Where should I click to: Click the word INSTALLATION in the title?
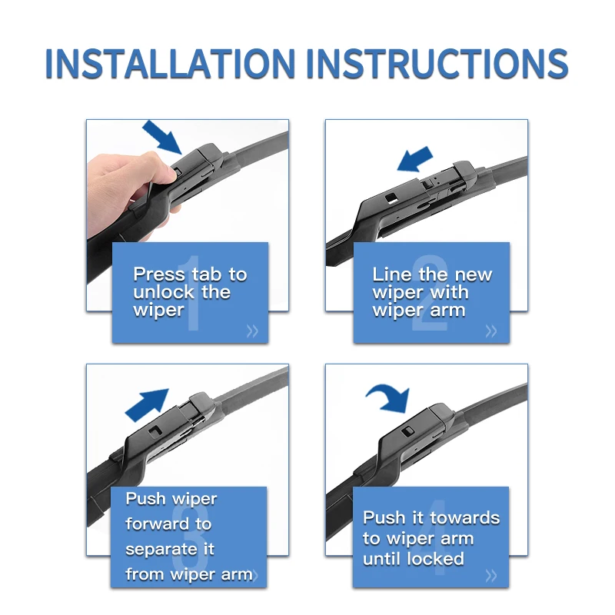(171, 64)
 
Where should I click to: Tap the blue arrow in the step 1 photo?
(162, 137)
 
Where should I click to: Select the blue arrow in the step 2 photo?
(415, 159)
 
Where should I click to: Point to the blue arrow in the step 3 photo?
(147, 405)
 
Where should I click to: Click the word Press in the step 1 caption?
(159, 274)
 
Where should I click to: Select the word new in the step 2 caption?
(474, 275)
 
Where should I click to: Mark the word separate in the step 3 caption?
(161, 550)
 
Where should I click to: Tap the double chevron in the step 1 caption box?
(253, 331)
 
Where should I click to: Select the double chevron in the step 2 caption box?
(491, 331)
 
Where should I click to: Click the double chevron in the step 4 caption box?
(491, 576)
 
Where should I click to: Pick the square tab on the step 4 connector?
(408, 430)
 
